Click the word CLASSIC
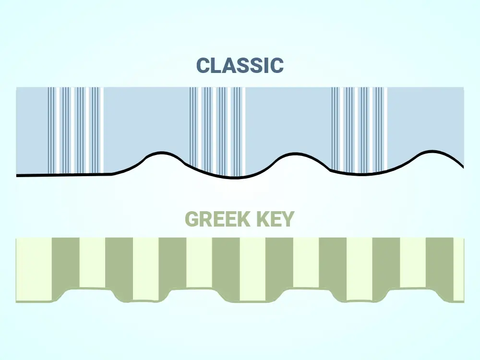[240, 65]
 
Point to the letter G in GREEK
[192, 219]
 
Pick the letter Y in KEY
[288, 219]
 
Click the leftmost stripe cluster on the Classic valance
[76, 131]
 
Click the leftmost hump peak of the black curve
[161, 153]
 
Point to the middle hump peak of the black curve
[295, 154]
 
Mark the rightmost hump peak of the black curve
[432, 151]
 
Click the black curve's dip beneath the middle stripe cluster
[235, 177]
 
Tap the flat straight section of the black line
[64, 175]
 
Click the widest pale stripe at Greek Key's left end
[34, 269]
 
